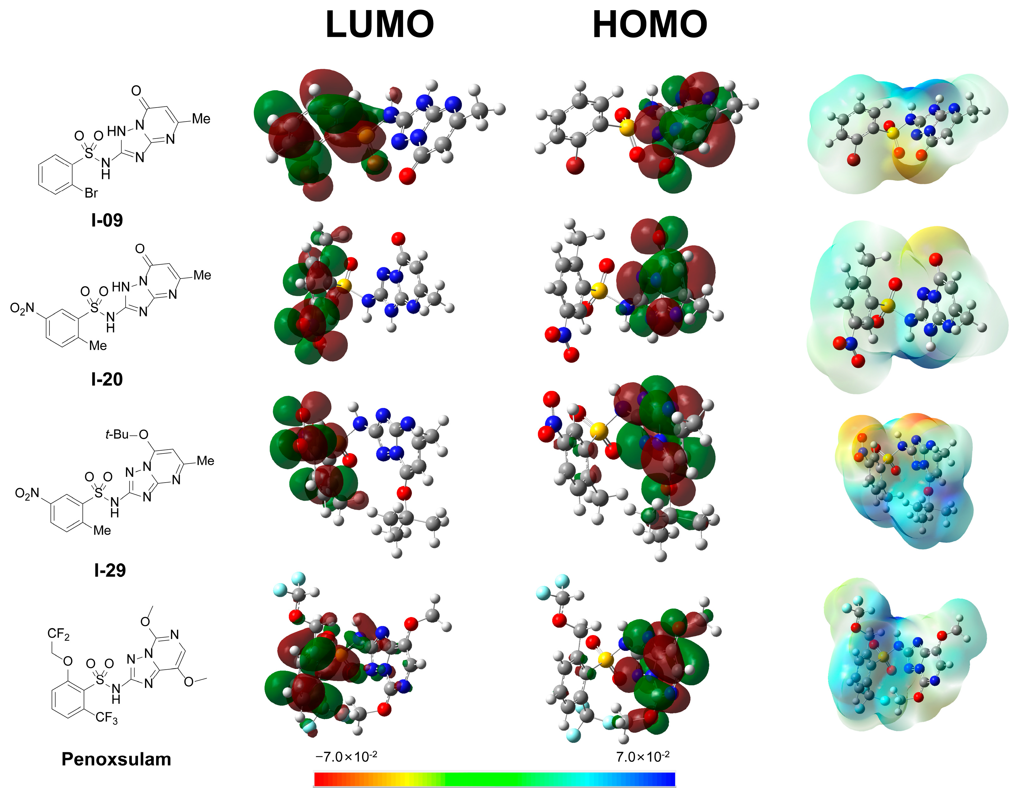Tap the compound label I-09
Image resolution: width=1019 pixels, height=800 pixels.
tap(107, 220)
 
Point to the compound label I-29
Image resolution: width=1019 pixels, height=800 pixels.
tap(110, 570)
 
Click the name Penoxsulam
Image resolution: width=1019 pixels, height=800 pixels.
tap(116, 759)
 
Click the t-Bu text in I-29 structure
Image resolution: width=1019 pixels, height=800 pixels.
tap(117, 435)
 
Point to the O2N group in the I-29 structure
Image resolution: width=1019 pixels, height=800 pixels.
tap(27, 493)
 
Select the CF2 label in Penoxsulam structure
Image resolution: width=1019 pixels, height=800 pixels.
tap(59, 634)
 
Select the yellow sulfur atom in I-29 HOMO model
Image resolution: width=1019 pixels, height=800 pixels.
tap(598, 430)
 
